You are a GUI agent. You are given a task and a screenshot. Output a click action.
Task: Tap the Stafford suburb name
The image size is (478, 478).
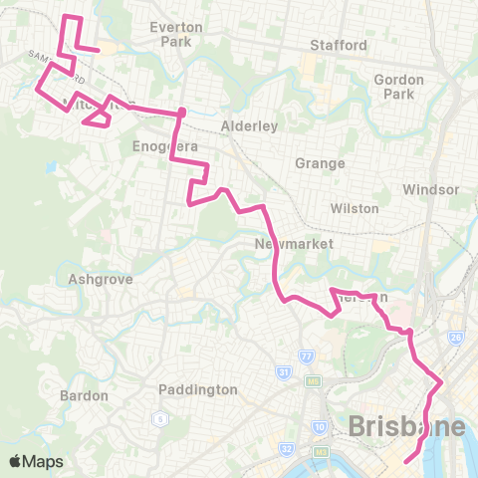(339, 45)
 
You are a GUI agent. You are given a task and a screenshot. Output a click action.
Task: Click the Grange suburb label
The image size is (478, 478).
(320, 162)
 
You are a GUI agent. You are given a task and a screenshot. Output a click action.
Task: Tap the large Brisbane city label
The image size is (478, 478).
(406, 427)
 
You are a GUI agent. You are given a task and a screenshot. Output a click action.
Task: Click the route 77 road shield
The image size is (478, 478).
(306, 356)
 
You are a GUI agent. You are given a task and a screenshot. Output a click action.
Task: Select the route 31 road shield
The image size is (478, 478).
(282, 373)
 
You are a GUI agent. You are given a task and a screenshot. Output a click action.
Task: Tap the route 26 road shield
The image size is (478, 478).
(456, 339)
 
